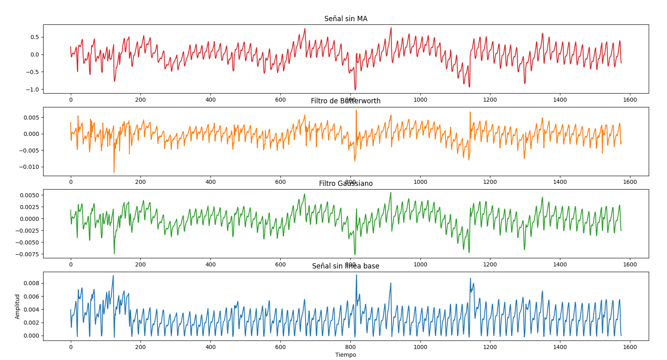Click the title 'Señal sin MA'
click(346, 19)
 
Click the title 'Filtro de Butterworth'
click(346, 101)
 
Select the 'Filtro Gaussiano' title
click(346, 183)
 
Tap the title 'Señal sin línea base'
click(346, 266)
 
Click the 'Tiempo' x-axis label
click(346, 355)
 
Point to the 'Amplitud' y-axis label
click(17, 306)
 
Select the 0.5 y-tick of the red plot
click(34, 37)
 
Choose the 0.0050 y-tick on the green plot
click(28, 195)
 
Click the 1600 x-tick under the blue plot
click(630, 347)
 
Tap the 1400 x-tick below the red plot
click(560, 100)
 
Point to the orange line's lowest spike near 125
click(114, 172)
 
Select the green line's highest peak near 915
click(391, 193)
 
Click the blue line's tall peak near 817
click(356, 275)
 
